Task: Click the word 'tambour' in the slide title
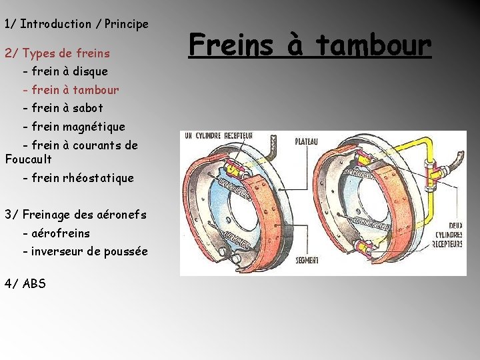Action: click(x=373, y=45)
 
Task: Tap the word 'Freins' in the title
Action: click(x=231, y=45)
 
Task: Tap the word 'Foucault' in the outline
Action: click(x=28, y=159)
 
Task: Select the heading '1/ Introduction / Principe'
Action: click(x=77, y=24)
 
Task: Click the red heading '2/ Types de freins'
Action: click(x=57, y=52)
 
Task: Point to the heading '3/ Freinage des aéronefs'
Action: click(x=75, y=214)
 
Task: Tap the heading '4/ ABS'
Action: click(x=25, y=283)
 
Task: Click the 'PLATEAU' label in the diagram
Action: click(x=307, y=141)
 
